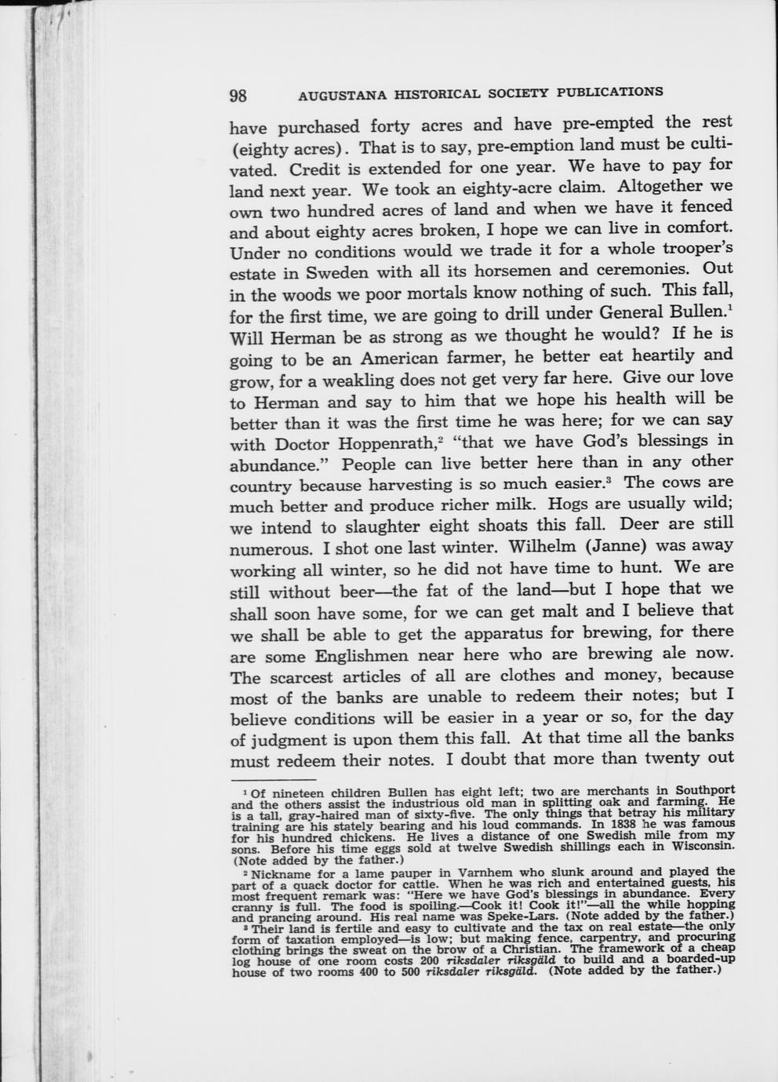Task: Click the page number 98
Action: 238,96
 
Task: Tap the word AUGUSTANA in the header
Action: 342,95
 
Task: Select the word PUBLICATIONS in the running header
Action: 609,91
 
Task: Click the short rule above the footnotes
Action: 272,780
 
